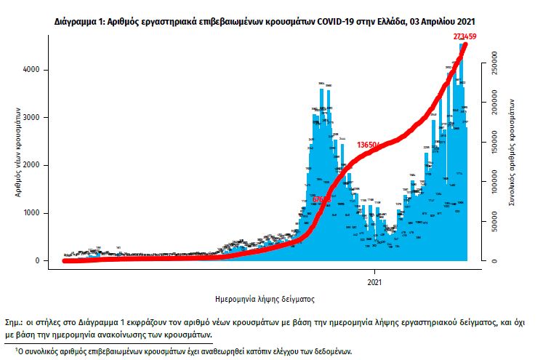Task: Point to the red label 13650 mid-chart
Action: point(369,145)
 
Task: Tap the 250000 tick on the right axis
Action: point(494,63)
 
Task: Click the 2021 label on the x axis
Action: point(375,280)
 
